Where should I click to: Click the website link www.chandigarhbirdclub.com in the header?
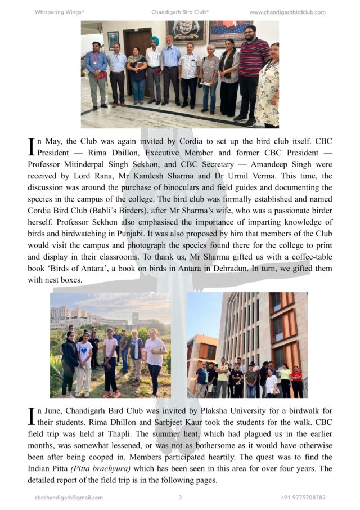pos(287,12)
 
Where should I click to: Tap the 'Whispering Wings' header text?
pos(59,12)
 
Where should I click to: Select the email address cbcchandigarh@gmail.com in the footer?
pos(69,498)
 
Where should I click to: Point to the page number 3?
pos(180,498)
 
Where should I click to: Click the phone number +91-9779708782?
pos(303,498)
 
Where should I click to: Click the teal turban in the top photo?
pos(155,41)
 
